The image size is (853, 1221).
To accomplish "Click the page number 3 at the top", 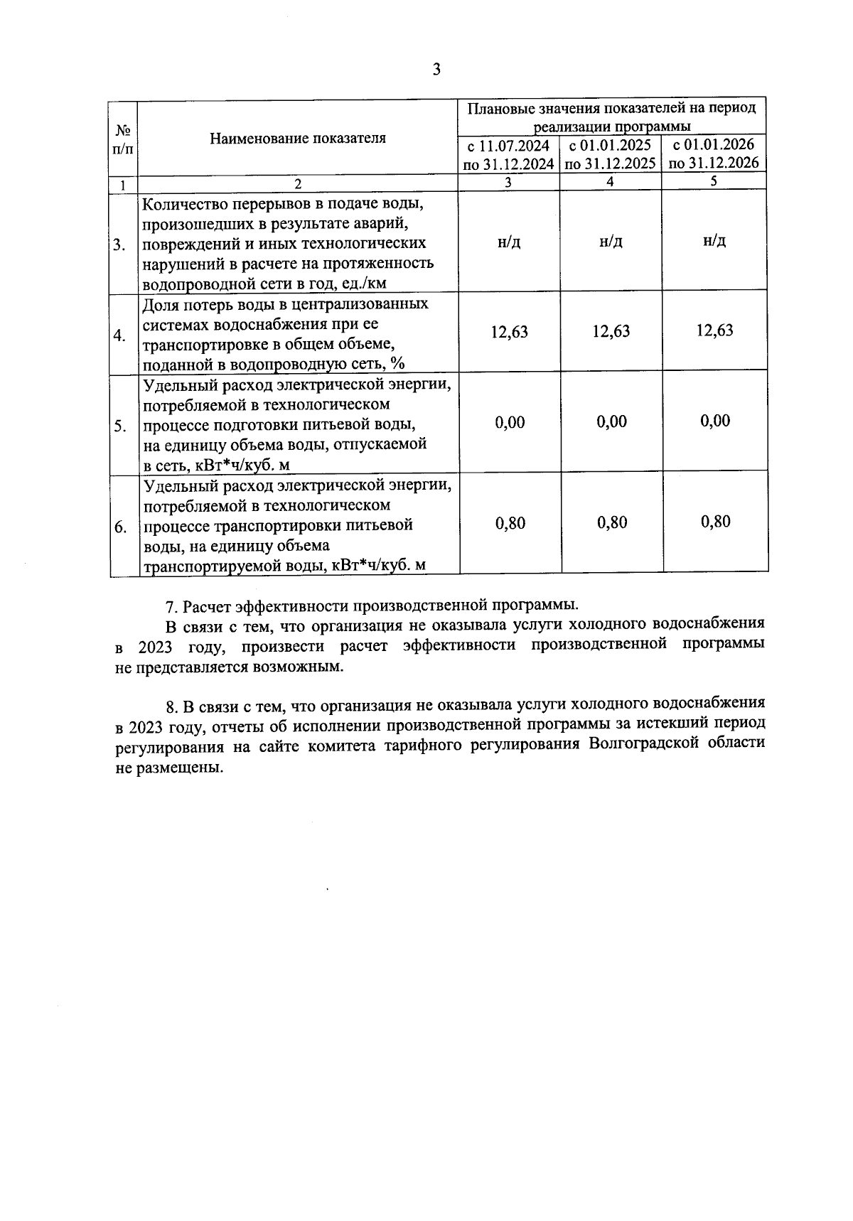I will pyautogui.click(x=436, y=70).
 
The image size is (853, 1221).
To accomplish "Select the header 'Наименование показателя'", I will pyautogui.click(x=298, y=138).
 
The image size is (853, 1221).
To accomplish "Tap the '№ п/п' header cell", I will pyautogui.click(x=123, y=139).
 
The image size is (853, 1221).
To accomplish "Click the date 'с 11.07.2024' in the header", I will pyautogui.click(x=508, y=146).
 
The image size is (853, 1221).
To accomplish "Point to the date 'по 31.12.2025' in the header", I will pyautogui.click(x=611, y=163).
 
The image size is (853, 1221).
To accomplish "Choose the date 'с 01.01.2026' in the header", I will pyautogui.click(x=713, y=145).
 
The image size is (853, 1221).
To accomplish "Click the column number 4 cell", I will pyautogui.click(x=610, y=182).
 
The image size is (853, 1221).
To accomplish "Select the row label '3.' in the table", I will pyautogui.click(x=119, y=245).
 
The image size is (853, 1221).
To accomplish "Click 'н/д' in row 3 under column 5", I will pyautogui.click(x=714, y=240).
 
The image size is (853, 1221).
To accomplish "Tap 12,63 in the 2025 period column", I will pyautogui.click(x=611, y=331).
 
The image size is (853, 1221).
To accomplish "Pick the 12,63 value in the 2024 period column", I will pyautogui.click(x=510, y=331).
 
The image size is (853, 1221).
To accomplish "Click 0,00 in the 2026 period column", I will pyautogui.click(x=715, y=421).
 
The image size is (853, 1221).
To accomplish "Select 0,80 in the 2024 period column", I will pyautogui.click(x=510, y=523).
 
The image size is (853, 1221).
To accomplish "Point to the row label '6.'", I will pyautogui.click(x=120, y=527).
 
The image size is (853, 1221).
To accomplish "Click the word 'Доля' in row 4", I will pyautogui.click(x=160, y=304).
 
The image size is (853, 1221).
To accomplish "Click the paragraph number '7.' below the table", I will pyautogui.click(x=171, y=606).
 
